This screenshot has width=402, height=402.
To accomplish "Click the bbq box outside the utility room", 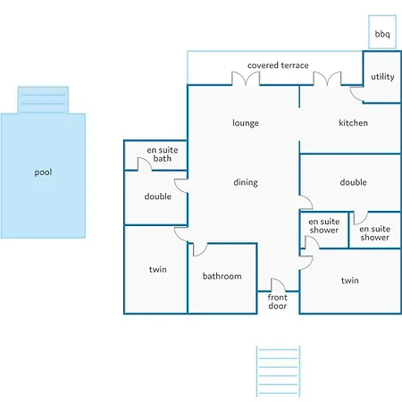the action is [x=382, y=32].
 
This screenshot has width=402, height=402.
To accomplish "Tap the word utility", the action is [x=382, y=77].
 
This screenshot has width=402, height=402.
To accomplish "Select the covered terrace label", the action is [x=278, y=65].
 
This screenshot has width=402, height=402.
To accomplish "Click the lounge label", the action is [x=246, y=123].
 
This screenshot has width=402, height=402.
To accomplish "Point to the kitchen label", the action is [x=353, y=122].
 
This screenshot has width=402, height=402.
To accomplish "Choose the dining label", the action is [x=246, y=182].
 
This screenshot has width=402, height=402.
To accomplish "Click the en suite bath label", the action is [x=163, y=155].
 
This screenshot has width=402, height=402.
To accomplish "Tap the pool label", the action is [x=43, y=172].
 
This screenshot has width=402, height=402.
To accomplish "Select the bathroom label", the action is [x=222, y=276].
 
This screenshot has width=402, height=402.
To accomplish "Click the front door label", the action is [x=278, y=301].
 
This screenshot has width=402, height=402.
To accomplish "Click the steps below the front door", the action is [x=278, y=372].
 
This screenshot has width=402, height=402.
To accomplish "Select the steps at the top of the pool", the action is [x=43, y=100].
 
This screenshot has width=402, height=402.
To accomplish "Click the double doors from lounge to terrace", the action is [x=246, y=78].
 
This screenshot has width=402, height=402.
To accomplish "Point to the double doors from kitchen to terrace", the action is [x=327, y=78].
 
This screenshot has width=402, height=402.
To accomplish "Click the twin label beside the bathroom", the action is [x=158, y=269].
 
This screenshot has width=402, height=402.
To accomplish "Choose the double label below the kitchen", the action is [x=354, y=182].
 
